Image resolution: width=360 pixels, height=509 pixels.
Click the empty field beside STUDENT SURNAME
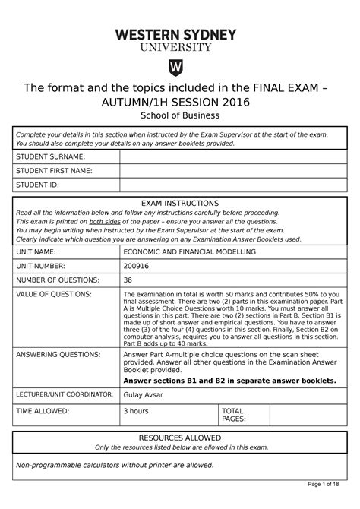(x=235, y=156)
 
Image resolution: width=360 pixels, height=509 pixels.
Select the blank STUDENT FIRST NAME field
(x=235, y=170)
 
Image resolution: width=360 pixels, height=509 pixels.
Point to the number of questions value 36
(x=128, y=279)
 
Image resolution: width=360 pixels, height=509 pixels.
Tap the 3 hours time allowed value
(x=137, y=410)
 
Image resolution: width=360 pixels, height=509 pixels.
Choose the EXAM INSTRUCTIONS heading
(x=180, y=204)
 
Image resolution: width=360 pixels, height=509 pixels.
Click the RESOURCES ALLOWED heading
(x=180, y=438)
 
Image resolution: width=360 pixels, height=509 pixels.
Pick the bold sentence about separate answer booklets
(x=229, y=380)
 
